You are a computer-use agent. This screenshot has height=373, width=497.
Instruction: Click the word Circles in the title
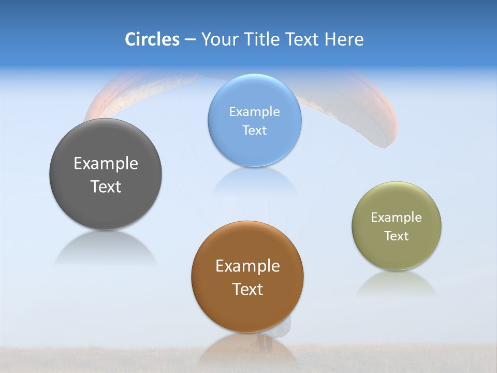tap(152, 39)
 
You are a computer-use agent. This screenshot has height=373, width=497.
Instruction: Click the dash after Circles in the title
tap(190, 40)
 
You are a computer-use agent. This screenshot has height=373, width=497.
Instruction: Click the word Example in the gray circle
tap(106, 164)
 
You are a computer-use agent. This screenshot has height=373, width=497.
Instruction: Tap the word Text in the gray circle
tap(106, 187)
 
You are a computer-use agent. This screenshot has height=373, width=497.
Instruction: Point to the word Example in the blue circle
tap(255, 111)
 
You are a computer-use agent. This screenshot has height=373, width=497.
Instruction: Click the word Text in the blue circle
tap(255, 130)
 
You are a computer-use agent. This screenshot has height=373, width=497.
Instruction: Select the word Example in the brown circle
tap(247, 266)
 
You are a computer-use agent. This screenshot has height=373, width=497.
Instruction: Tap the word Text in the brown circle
tap(247, 289)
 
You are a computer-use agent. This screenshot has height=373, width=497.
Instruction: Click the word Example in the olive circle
tap(397, 218)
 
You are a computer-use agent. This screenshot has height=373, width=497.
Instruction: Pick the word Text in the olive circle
tap(397, 236)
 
